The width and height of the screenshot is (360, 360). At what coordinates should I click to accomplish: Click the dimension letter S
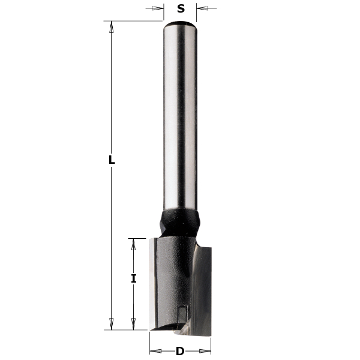(181, 8)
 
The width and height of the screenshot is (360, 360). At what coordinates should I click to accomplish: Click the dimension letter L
(111, 160)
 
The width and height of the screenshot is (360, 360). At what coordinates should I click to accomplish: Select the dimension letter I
(134, 278)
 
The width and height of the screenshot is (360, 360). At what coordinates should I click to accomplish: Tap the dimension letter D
(180, 351)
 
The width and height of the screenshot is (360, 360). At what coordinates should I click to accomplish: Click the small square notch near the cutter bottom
(182, 311)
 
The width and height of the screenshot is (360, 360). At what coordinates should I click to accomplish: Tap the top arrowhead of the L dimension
(111, 25)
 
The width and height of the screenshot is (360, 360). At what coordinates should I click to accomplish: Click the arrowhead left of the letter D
(154, 351)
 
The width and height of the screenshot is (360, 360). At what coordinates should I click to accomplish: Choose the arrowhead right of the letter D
(206, 351)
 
